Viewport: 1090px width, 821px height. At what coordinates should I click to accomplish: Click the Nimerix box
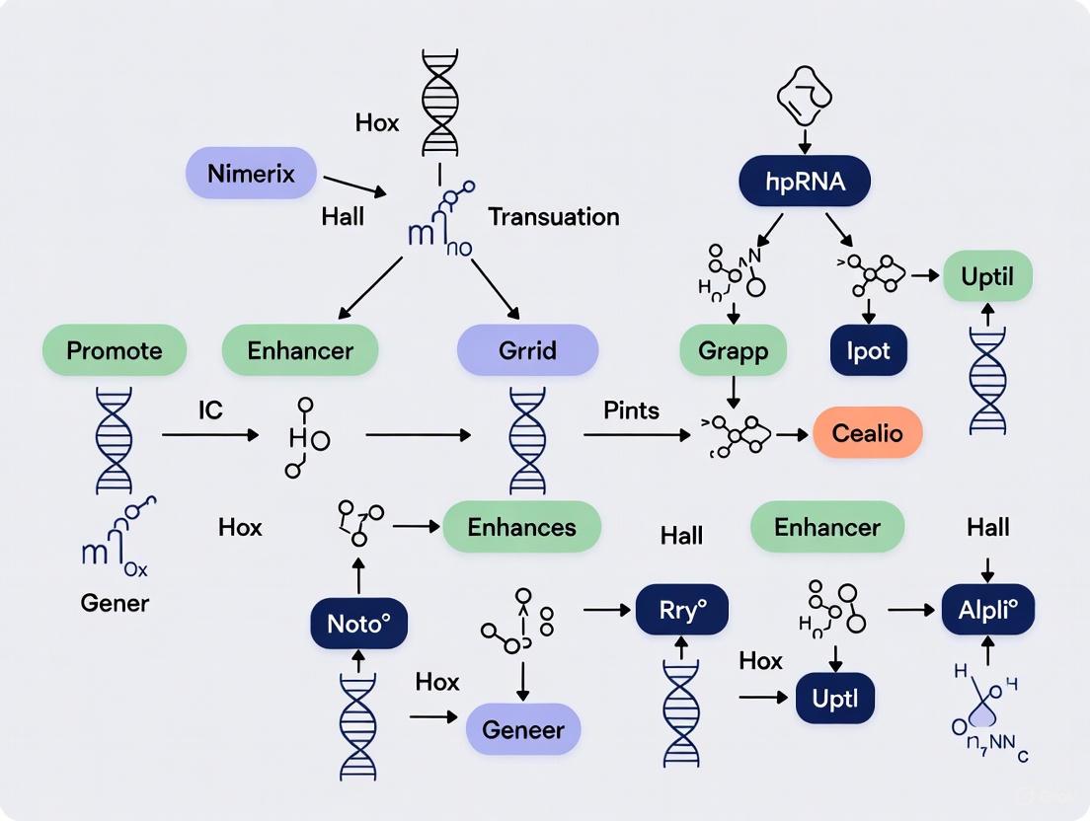251,174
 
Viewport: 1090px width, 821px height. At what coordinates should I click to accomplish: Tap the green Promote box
115,349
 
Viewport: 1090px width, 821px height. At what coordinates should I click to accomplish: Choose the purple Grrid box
527,349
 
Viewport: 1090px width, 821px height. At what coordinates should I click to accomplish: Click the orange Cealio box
867,433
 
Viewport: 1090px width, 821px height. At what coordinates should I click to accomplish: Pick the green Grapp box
733,351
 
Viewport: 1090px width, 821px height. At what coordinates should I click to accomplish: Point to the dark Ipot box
868,351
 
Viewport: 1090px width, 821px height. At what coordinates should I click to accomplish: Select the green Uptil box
987,275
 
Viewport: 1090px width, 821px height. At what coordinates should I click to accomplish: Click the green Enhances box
521,526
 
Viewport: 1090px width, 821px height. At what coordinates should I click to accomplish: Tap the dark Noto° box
358,624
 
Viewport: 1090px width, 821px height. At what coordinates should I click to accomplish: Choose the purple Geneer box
522,730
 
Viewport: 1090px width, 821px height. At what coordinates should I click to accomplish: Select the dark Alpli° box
987,610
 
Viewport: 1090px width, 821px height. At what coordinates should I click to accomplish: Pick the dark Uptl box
834,699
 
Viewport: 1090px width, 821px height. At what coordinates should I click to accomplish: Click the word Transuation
553,217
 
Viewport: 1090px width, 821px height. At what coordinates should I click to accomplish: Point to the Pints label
631,409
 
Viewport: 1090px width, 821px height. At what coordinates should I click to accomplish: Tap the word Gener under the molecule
114,603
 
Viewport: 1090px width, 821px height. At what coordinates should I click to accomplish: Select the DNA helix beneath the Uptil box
987,380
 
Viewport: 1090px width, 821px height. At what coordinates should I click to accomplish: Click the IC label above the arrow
209,409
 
